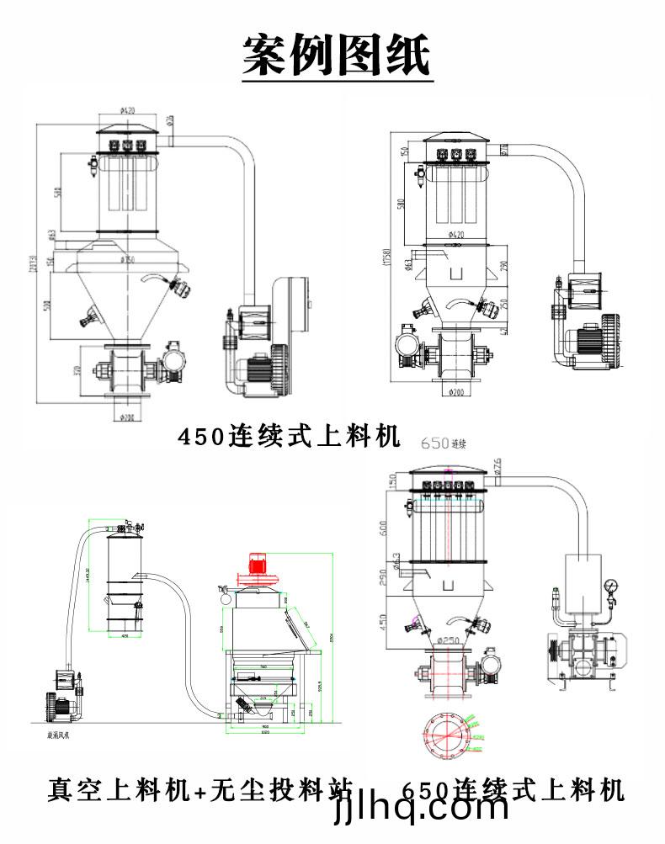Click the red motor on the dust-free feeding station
[x=256, y=564]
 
